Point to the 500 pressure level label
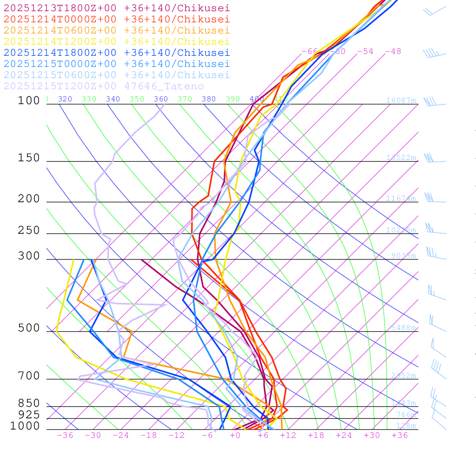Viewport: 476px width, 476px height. pos(29,328)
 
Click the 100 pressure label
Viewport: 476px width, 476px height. pos(29,100)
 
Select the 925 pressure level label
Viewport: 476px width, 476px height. pos(29,415)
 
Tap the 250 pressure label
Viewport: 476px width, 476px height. pos(29,231)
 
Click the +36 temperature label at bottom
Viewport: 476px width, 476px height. pos(400,435)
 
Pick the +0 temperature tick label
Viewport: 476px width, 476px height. pos(235,435)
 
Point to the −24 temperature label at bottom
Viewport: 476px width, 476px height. pos(121,435)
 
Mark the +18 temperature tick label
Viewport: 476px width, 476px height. pos(316,435)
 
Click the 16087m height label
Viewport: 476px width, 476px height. pos(401,100)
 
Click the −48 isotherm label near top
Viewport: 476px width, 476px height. pos(393,51)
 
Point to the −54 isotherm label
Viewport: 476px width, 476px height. pos(365,51)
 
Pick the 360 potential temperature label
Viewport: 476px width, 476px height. pos(161,99)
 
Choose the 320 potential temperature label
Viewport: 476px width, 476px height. pos(65,99)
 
